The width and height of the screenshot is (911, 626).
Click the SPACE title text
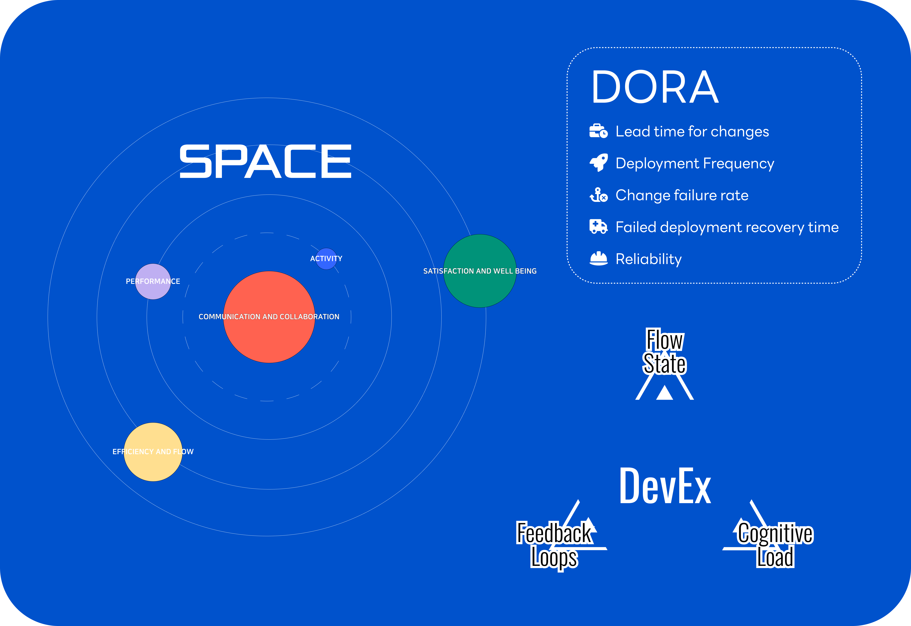[x=266, y=161]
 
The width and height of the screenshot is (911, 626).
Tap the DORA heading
[x=655, y=87]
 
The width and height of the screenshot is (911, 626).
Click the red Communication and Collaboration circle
[x=269, y=317]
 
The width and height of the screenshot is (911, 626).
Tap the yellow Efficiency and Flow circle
[x=153, y=452]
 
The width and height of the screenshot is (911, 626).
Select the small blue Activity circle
[x=326, y=259]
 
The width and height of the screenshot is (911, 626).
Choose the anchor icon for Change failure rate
[x=599, y=195]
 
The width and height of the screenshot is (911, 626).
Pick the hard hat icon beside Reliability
[x=599, y=259]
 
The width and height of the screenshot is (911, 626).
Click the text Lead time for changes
[x=692, y=131]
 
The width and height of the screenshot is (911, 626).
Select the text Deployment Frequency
[x=695, y=163]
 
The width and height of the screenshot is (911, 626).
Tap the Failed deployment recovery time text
[x=727, y=227]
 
